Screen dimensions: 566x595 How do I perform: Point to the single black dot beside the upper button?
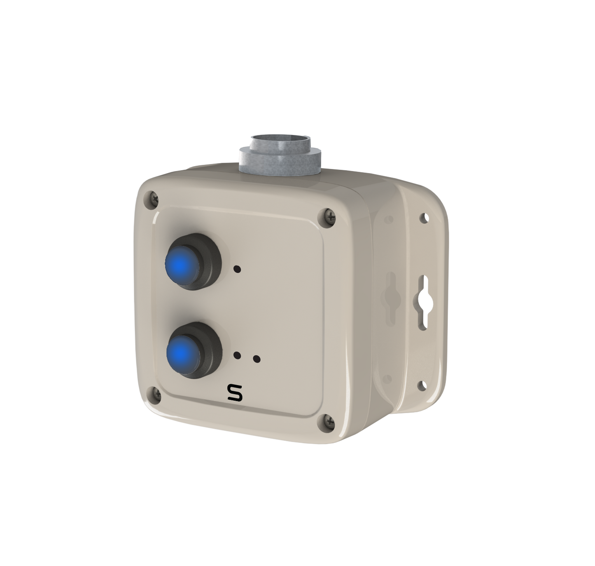click(237, 269)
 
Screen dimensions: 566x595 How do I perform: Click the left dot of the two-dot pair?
click(237, 355)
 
